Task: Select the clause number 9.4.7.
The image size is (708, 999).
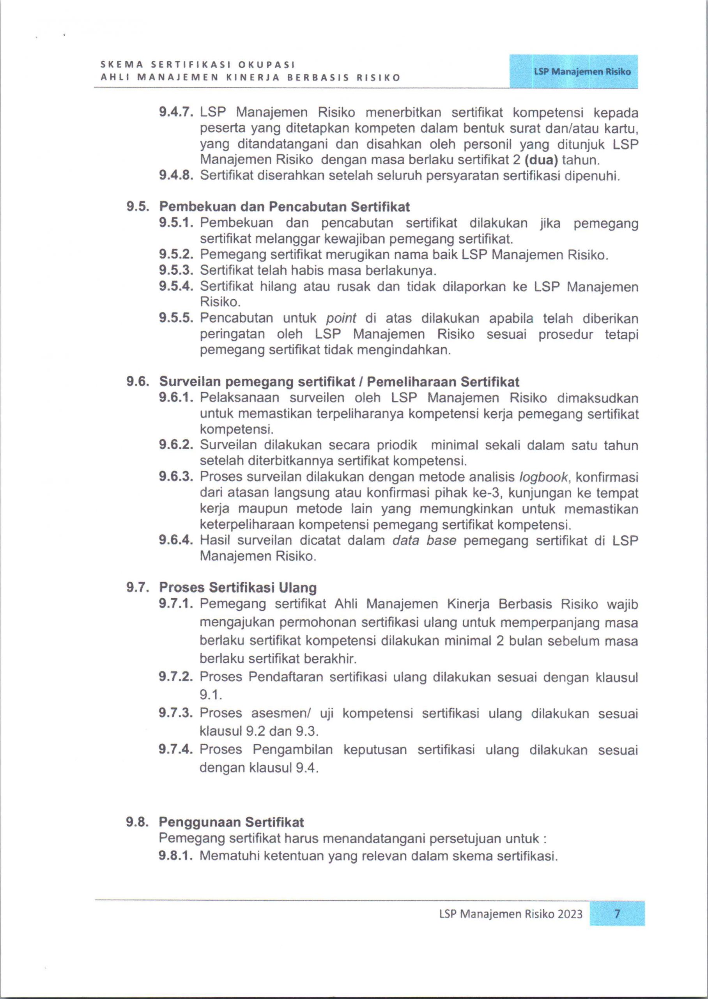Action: (176, 112)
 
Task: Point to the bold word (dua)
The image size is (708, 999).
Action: (542, 160)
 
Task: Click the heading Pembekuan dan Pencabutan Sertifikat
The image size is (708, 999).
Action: (284, 206)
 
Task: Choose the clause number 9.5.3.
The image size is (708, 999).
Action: (176, 270)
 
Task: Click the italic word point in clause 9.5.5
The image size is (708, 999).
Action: (341, 318)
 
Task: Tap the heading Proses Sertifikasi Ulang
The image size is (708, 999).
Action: (237, 587)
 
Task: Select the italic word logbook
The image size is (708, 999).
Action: (543, 477)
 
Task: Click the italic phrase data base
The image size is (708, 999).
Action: (424, 540)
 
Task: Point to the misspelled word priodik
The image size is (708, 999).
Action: (395, 445)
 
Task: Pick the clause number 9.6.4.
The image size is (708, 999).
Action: (176, 540)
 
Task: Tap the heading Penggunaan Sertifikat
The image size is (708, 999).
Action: (231, 822)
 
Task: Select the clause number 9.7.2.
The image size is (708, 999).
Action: (176, 677)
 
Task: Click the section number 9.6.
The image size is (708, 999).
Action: (138, 382)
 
